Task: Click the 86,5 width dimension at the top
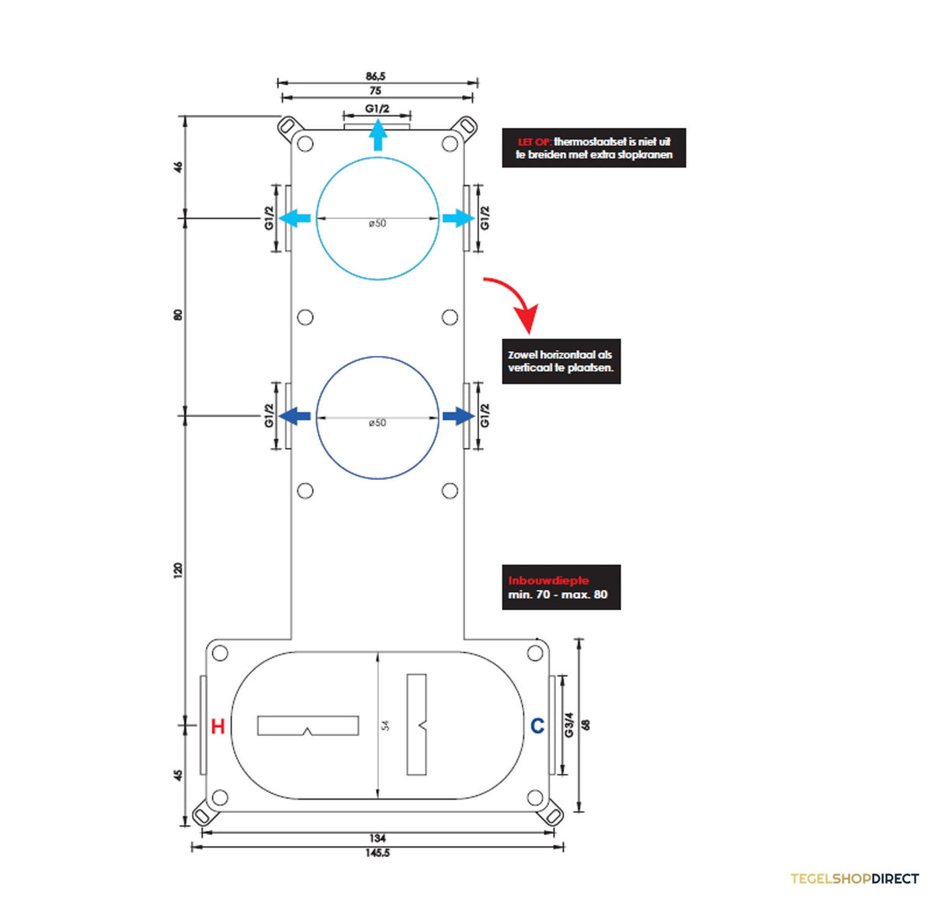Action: click(x=375, y=76)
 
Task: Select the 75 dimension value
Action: click(x=375, y=91)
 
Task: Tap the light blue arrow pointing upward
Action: click(x=378, y=135)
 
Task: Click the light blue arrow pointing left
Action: click(x=294, y=218)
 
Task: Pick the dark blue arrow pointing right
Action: click(x=458, y=416)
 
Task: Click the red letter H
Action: click(x=218, y=727)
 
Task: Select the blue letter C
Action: click(x=537, y=726)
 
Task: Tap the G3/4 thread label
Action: click(x=569, y=725)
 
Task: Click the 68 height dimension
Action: click(x=586, y=725)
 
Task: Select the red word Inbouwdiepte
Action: click(x=548, y=581)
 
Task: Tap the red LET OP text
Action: click(x=534, y=142)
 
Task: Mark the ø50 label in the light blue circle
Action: click(x=377, y=224)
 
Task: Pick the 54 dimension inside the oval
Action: click(x=385, y=725)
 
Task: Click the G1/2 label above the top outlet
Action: click(x=377, y=109)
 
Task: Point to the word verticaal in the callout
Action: click(x=529, y=368)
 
